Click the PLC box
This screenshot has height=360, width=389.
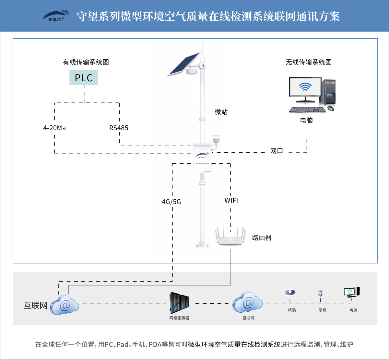tap(84, 78)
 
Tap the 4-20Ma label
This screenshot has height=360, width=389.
tap(54, 128)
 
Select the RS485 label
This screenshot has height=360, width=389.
tap(119, 128)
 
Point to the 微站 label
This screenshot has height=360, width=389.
tap(221, 112)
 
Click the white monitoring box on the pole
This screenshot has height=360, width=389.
tap(202, 158)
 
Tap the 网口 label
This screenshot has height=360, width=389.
tap(277, 151)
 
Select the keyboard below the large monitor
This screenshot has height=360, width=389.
tap(307, 110)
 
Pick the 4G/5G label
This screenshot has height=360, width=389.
tap(171, 202)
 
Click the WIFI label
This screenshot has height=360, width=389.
tap(231, 201)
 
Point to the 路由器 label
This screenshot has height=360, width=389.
tap(262, 238)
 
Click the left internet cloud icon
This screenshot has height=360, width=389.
tap(65, 305)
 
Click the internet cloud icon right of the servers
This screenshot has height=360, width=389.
tap(247, 303)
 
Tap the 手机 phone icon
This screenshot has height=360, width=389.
tap(320, 294)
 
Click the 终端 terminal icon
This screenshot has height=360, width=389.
tap(290, 293)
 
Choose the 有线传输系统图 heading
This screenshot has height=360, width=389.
tap(86, 62)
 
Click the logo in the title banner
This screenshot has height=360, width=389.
tap(56, 16)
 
